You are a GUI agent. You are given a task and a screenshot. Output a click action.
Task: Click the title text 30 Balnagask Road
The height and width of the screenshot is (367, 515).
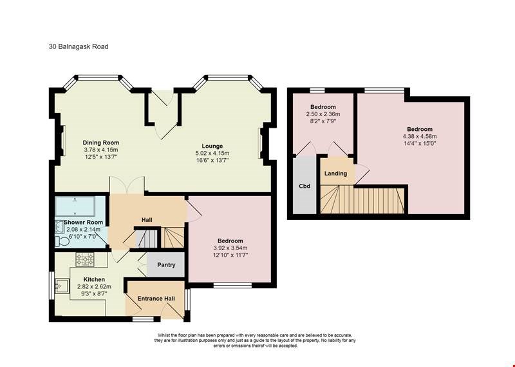coord(79,46)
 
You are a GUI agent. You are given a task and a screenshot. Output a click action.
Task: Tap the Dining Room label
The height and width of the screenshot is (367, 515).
coord(101,143)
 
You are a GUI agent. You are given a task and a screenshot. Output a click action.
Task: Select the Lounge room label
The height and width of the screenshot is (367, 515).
coord(212,146)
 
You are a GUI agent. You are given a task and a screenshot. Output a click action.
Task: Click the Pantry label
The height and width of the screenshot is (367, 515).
coord(166,264)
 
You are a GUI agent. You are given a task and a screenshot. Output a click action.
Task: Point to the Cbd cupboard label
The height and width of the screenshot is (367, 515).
coord(304,186)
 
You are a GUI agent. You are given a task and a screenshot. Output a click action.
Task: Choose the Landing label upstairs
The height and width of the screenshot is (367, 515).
coord(335,174)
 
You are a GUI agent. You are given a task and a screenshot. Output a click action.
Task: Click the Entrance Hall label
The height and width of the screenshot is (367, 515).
coord(156,299)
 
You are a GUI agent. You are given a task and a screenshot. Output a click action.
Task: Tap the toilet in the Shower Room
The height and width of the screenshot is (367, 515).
coord(61,241)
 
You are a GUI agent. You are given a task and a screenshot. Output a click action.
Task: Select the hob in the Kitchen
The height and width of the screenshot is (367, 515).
coord(85,259)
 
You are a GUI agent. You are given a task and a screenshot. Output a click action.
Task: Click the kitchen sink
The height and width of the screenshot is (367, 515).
coord(62,286)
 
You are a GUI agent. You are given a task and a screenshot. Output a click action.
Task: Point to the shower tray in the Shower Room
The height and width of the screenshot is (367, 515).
coord(75,206)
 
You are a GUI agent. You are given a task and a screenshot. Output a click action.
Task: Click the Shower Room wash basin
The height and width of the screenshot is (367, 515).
coord(59,227)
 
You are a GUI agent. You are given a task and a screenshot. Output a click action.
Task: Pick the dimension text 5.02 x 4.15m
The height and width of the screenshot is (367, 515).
coord(212,153)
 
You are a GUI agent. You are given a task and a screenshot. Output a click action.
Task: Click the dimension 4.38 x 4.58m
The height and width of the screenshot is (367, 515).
coord(420,136)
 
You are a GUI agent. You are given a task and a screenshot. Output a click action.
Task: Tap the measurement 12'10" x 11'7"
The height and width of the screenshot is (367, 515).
coord(230,255)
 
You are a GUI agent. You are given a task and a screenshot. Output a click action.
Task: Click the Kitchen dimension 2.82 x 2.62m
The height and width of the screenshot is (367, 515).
coord(94,286)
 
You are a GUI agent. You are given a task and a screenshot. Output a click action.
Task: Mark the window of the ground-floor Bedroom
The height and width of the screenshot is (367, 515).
coord(232,285)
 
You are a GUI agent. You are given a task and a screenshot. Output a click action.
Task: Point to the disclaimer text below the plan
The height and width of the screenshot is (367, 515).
coord(255,340)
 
